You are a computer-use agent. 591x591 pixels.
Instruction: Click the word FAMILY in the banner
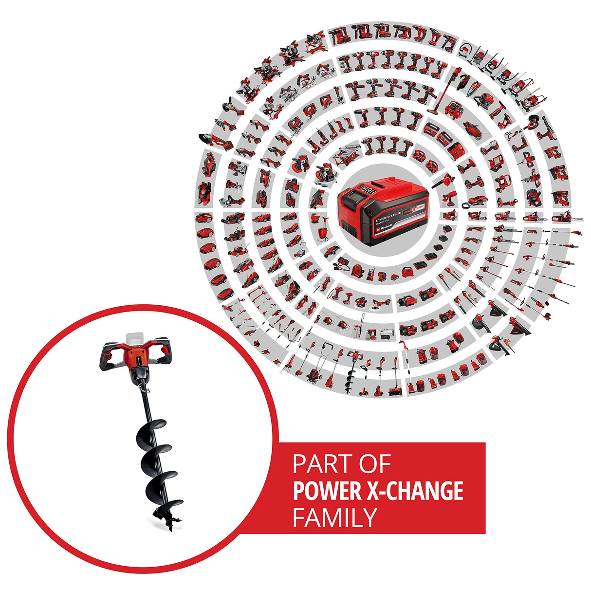(335, 517)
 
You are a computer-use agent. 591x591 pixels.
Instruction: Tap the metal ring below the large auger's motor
(142, 388)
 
